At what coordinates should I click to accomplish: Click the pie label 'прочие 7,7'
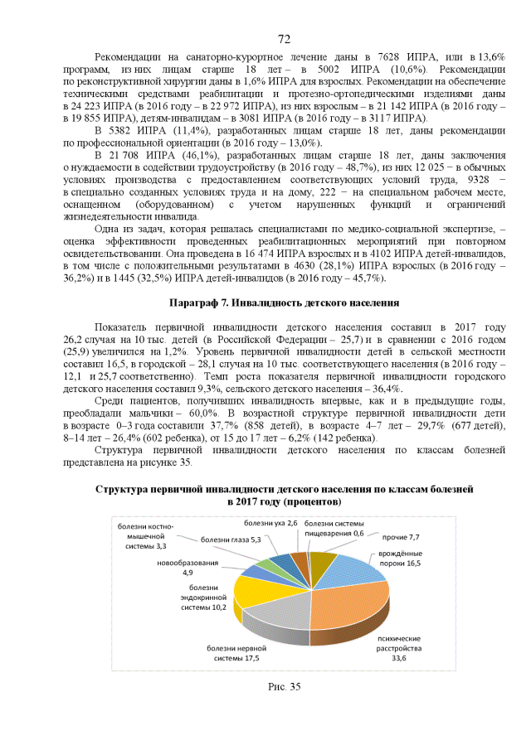[x=402, y=537]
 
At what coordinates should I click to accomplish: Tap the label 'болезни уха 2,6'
[x=270, y=523]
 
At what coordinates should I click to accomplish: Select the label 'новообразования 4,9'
[x=188, y=568]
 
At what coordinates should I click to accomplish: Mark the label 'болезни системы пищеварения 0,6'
[x=334, y=529]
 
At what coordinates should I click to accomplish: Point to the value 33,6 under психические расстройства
[x=399, y=658]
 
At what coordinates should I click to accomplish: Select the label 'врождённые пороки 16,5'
[x=400, y=558]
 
